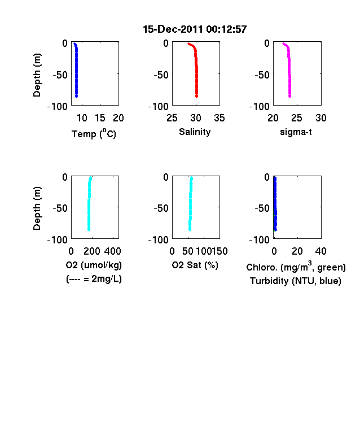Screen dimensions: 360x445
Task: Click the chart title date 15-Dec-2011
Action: [x=173, y=29]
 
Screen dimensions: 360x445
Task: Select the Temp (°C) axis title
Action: [x=94, y=133]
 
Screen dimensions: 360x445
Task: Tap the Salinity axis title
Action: [x=195, y=132]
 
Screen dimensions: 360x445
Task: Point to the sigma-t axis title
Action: [x=296, y=132]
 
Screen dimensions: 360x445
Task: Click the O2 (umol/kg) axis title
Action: [x=94, y=265]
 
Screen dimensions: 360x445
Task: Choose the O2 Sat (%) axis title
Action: [x=195, y=265]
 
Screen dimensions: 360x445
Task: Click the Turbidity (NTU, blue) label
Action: [x=295, y=281]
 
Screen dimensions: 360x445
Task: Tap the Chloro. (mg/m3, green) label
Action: [x=296, y=267]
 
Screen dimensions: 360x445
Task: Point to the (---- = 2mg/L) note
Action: [x=94, y=279]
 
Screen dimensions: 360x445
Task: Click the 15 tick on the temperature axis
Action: [x=100, y=118]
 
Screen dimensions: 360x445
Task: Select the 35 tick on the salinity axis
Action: [x=219, y=118]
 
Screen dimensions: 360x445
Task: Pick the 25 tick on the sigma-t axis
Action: [x=297, y=118]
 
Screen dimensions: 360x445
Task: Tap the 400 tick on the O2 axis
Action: [x=112, y=251]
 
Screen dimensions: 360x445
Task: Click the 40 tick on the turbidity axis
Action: [x=321, y=251]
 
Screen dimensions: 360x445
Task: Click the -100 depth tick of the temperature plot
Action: [x=58, y=107]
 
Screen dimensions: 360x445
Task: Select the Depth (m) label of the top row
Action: [x=37, y=75]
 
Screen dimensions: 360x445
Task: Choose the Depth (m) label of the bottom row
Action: [x=37, y=208]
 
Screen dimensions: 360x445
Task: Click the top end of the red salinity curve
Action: [x=188, y=43]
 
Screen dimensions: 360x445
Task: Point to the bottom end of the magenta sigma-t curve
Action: [x=289, y=97]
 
